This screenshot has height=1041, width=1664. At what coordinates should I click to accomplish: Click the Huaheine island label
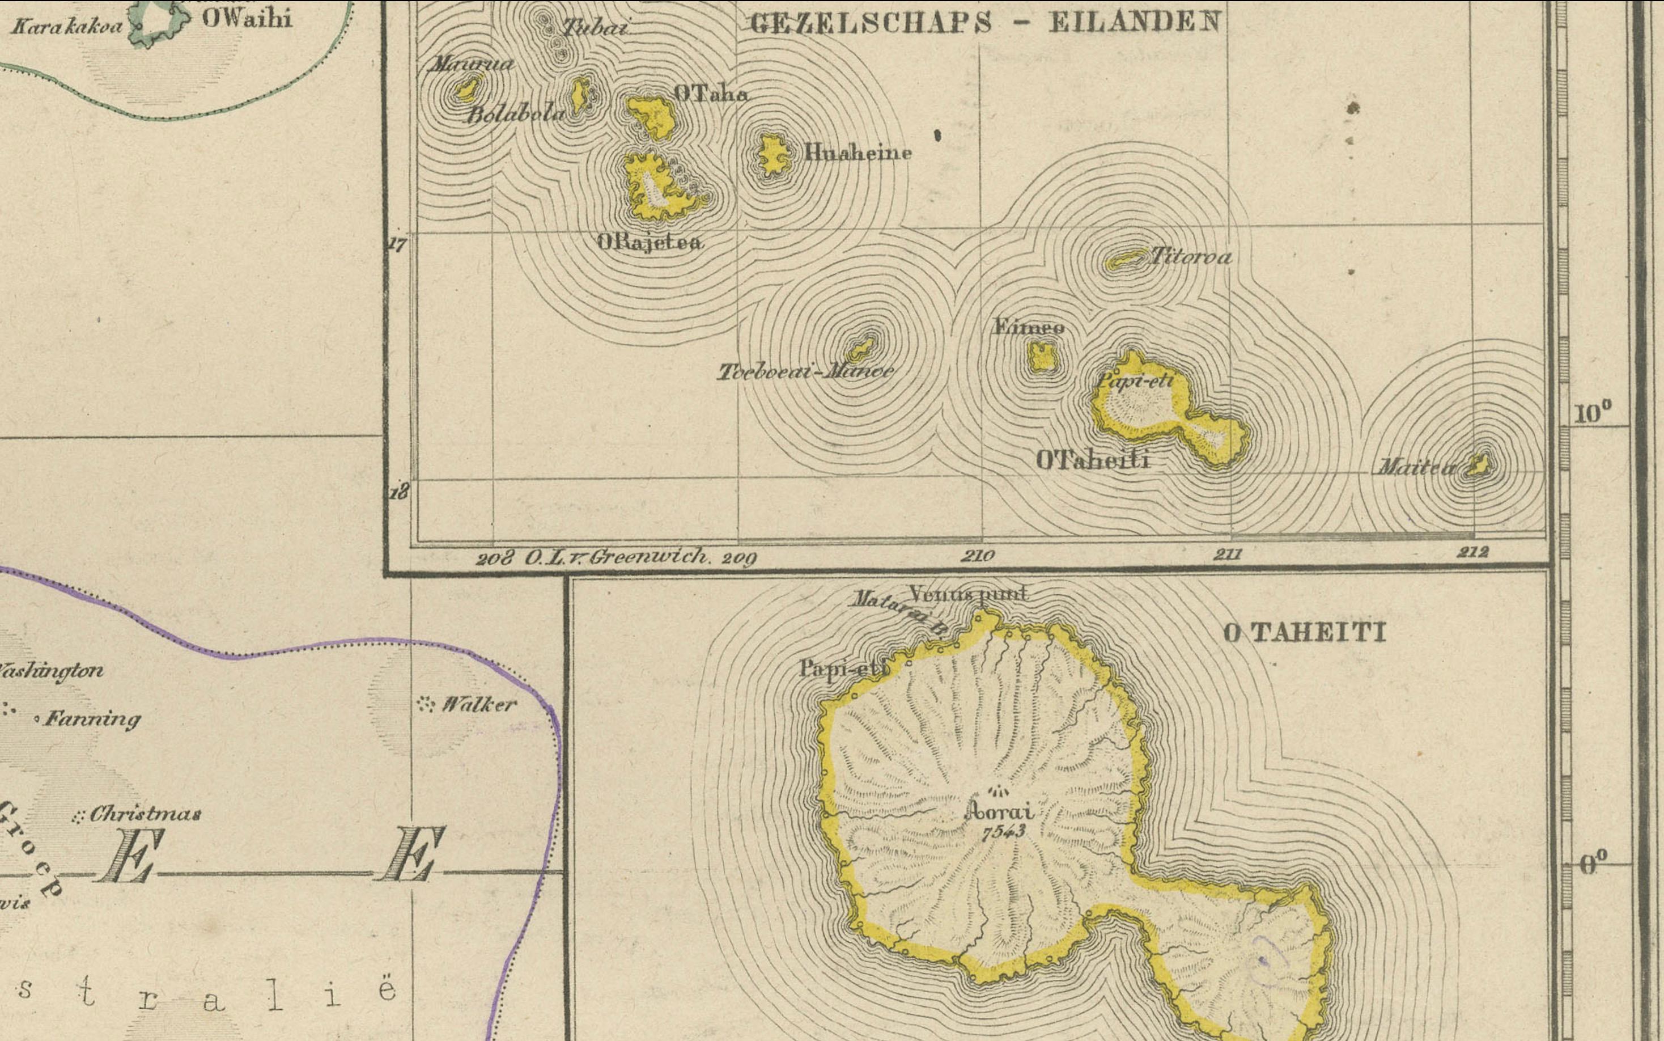858,152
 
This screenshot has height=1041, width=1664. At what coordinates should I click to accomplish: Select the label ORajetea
650,242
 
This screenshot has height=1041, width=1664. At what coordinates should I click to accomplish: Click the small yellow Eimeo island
1042,357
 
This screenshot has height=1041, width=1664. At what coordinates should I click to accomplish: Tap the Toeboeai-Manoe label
805,373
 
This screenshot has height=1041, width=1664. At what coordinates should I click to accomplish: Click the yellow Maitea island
1477,466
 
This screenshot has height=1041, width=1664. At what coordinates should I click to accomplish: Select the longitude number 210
977,556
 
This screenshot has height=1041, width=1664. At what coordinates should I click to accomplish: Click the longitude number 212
1472,552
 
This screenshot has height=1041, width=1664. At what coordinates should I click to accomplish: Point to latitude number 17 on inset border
398,244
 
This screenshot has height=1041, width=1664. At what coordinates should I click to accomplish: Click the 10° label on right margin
1593,414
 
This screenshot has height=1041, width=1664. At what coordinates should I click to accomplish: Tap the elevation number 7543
1003,832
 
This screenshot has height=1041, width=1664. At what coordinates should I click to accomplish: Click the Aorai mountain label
1000,813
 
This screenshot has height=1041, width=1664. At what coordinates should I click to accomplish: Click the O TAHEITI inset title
1304,633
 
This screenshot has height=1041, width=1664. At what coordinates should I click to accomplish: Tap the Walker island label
478,704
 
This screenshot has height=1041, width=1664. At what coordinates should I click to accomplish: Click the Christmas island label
145,814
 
